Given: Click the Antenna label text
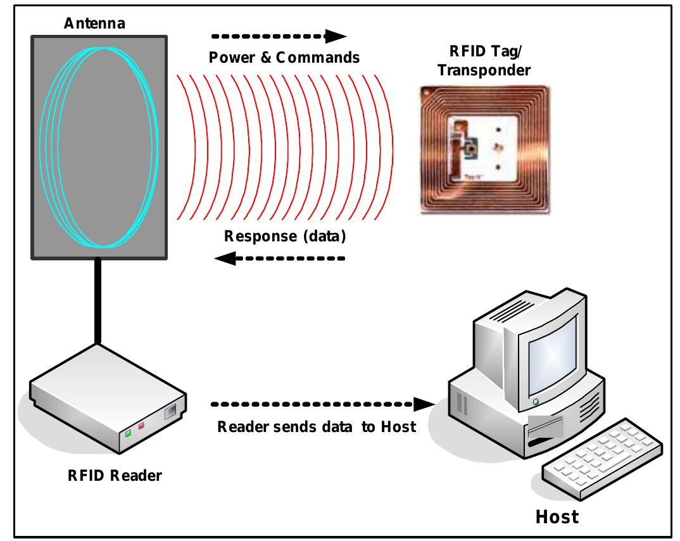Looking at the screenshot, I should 94,24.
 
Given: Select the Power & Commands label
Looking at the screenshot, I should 284,58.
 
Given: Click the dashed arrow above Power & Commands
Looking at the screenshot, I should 279,35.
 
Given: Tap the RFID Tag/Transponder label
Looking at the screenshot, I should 484,62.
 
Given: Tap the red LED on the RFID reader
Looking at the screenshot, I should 142,426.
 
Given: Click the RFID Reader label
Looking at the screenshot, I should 115,474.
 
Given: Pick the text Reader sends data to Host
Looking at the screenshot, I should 317,426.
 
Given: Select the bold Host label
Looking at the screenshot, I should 557,516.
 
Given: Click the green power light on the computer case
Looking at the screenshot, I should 536,402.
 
